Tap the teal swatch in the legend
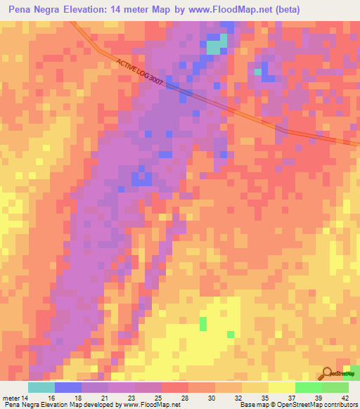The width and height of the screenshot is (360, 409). [41, 387]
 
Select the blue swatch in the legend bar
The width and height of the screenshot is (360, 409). [67, 387]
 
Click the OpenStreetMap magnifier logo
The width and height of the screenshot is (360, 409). [327, 373]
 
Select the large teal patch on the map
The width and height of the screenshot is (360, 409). [217, 46]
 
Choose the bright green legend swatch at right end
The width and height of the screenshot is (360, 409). [335, 387]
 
